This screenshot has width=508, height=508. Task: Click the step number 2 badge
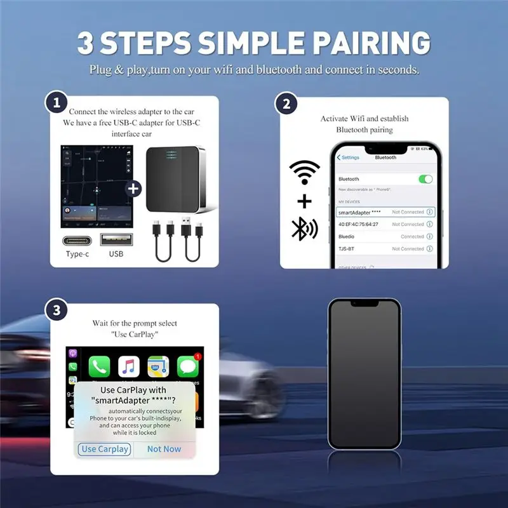pyautogui.click(x=286, y=103)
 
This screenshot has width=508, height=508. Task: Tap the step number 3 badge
pyautogui.click(x=58, y=311)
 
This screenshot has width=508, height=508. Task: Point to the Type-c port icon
pyautogui.click(x=77, y=241)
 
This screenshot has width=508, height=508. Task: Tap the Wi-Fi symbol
pyautogui.click(x=304, y=172)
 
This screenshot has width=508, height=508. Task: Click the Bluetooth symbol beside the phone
pyautogui.click(x=304, y=229)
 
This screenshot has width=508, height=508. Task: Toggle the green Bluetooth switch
pyautogui.click(x=425, y=179)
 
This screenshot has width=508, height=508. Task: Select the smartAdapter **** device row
pyautogui.click(x=385, y=212)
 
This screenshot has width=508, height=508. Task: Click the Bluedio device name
pyautogui.click(x=347, y=237)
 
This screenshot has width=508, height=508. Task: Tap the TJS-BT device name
pyautogui.click(x=346, y=249)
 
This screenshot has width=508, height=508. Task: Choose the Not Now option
pyautogui.click(x=164, y=449)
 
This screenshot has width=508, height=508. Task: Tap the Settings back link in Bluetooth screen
pyautogui.click(x=348, y=157)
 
